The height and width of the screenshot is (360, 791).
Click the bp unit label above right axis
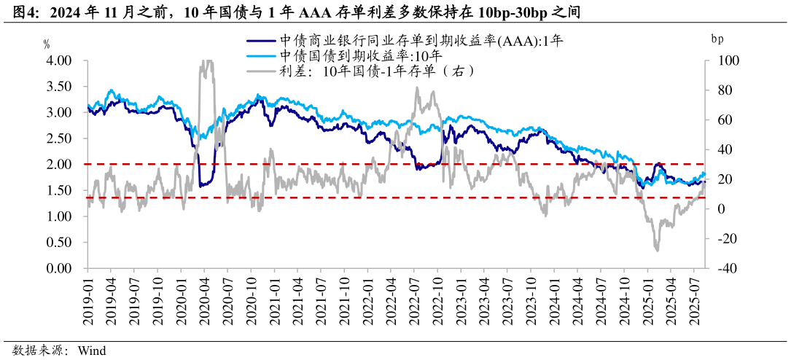[x=718, y=39]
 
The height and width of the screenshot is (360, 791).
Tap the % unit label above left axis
[x=47, y=44]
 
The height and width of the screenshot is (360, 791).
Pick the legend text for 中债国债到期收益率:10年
[x=360, y=56]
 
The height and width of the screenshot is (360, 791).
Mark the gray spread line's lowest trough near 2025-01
[x=657, y=251]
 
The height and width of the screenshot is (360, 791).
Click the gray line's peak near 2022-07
[x=417, y=88]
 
